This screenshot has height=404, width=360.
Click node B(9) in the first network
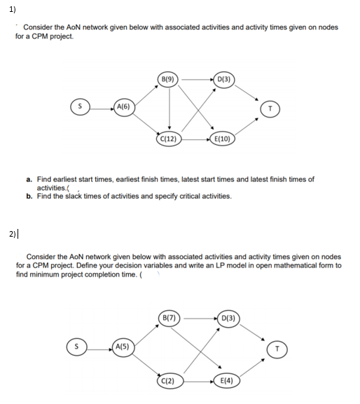click(169, 78)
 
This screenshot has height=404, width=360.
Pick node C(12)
click(169, 138)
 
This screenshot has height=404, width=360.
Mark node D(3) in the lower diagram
click(228, 319)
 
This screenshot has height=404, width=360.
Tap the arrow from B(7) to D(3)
click(198, 319)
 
